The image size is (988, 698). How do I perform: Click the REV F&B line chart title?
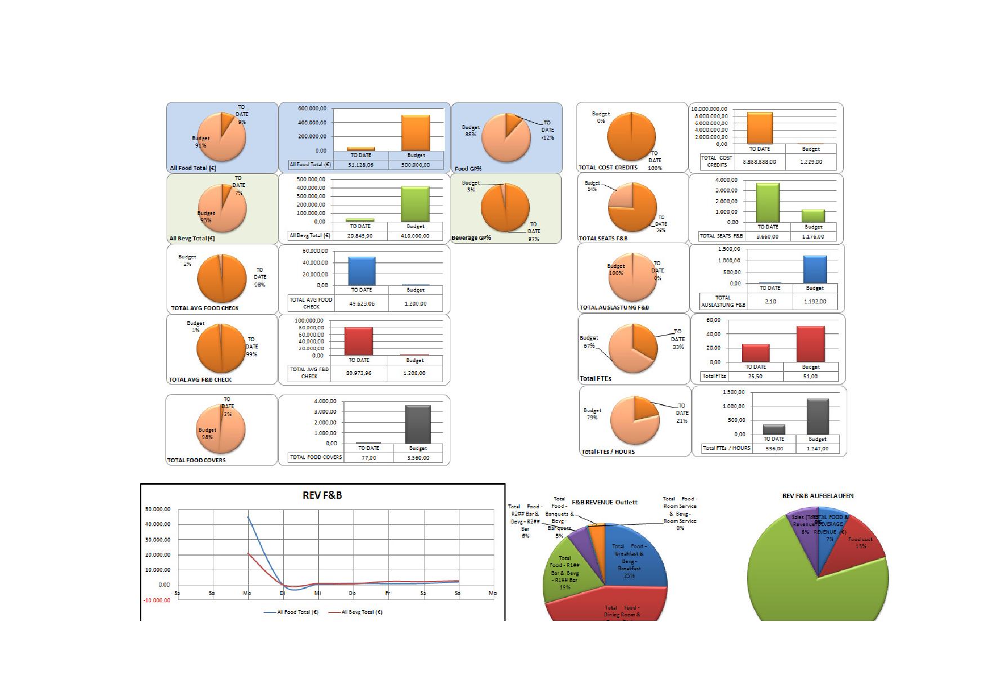tap(323, 495)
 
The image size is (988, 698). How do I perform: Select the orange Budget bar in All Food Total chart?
tap(415, 133)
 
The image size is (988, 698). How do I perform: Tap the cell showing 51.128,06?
tap(360, 165)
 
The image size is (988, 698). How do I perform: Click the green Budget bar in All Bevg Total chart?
tap(415, 204)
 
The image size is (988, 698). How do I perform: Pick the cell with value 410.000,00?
tap(415, 236)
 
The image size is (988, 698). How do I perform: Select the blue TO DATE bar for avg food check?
tap(361, 271)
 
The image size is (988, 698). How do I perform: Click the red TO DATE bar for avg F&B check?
tap(359, 341)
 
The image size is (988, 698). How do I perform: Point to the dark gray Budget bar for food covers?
tap(418, 424)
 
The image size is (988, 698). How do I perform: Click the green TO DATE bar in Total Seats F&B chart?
tap(768, 202)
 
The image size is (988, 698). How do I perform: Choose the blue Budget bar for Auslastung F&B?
tap(815, 270)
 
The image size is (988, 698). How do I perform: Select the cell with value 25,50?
tap(755, 376)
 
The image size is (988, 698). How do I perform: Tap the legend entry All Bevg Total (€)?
tap(361, 612)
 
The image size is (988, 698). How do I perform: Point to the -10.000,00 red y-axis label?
tap(157, 600)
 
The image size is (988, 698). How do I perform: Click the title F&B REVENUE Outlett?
tap(605, 502)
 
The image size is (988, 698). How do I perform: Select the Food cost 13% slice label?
tap(860, 543)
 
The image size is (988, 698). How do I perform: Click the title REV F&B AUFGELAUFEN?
tap(818, 496)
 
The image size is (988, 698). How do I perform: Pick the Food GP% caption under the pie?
tap(468, 168)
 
